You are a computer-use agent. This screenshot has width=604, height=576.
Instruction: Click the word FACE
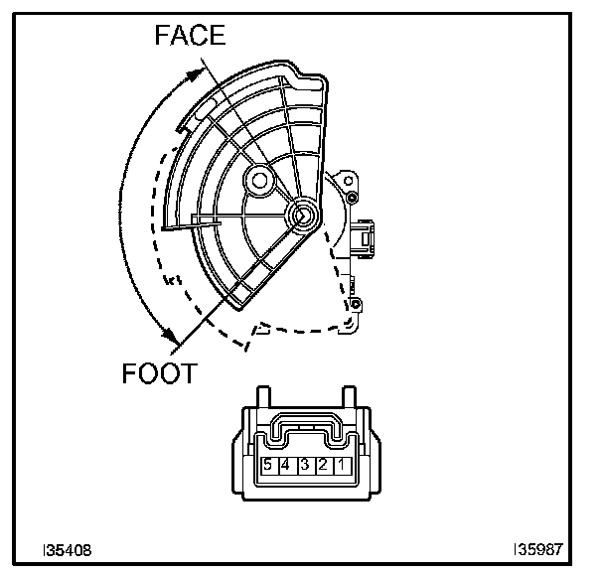pos(190,36)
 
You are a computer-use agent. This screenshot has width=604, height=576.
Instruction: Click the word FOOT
pos(160,374)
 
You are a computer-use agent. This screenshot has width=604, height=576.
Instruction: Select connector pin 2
pos(322,464)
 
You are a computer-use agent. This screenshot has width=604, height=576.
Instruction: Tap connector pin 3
pos(304,464)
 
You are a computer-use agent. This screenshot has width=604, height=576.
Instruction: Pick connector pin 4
pos(286,464)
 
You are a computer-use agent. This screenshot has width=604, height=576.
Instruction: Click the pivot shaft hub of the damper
pos(302,214)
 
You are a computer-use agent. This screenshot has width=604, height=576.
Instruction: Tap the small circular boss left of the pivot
pos(260,180)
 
